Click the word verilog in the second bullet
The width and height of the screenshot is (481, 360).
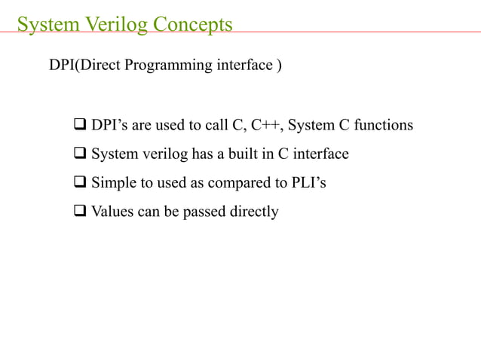coord(158,154)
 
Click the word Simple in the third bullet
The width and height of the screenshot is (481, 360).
coord(113,183)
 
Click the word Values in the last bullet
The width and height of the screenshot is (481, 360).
coord(112,212)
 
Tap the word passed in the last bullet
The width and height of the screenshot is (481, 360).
coord(204,212)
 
